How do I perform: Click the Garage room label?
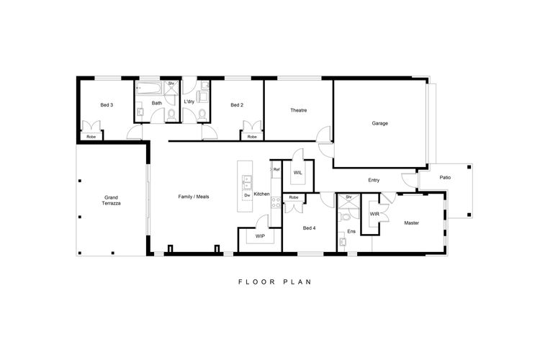pyautogui.click(x=379, y=123)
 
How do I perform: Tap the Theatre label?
pyautogui.click(x=298, y=110)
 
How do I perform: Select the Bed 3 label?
pyautogui.click(x=107, y=105)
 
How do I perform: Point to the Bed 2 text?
pyautogui.click(x=237, y=105)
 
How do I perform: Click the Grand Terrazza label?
pyautogui.click(x=111, y=200)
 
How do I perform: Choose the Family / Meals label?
pyautogui.click(x=193, y=197)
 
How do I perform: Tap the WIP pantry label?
pyautogui.click(x=260, y=236)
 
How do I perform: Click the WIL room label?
pyautogui.click(x=297, y=173)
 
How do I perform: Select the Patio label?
pyautogui.click(x=445, y=178)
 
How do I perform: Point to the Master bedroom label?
pyautogui.click(x=411, y=223)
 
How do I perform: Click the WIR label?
pyautogui.click(x=374, y=215)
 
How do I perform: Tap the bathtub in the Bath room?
pyautogui.click(x=149, y=89)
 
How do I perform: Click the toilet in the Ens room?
pyautogui.click(x=345, y=217)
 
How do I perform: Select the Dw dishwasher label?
pyautogui.click(x=247, y=195)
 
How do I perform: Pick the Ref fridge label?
pyautogui.click(x=276, y=170)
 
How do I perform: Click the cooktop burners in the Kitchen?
pyautogui.click(x=276, y=202)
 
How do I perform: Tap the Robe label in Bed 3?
pyautogui.click(x=91, y=137)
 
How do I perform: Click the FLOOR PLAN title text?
pyautogui.click(x=275, y=282)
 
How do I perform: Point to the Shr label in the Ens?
pyautogui.click(x=348, y=197)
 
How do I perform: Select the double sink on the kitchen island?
pyautogui.click(x=247, y=183)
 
